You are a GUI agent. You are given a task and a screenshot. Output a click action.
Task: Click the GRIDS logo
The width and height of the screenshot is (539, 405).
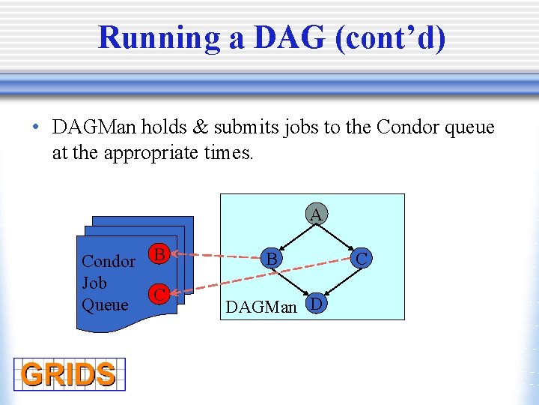pyautogui.click(x=68, y=373)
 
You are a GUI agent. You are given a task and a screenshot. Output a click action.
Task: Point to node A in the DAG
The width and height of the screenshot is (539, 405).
pyautogui.click(x=316, y=214)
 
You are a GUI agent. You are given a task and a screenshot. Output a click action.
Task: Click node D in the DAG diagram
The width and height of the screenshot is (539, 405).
pyautogui.click(x=317, y=304)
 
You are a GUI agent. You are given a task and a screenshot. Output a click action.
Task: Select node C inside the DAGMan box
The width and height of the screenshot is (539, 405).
pyautogui.click(x=361, y=259)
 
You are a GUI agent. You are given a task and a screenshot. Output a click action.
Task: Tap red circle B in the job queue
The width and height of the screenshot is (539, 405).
pyautogui.click(x=158, y=253)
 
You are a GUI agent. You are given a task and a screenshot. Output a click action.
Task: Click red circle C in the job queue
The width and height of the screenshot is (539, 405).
pyautogui.click(x=158, y=294)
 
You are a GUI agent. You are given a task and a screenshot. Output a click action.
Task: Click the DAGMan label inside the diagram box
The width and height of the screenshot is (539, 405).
pyautogui.click(x=261, y=307)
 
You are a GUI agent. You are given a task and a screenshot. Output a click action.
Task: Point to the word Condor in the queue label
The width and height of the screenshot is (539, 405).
pyautogui.click(x=108, y=261)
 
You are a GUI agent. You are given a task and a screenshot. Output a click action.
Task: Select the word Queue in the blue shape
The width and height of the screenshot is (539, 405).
pyautogui.click(x=105, y=304)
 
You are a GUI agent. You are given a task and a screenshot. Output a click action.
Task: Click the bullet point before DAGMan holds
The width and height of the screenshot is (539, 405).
pyautogui.click(x=35, y=127)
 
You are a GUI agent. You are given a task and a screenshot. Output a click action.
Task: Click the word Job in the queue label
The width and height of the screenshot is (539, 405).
pyautogui.click(x=94, y=283)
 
